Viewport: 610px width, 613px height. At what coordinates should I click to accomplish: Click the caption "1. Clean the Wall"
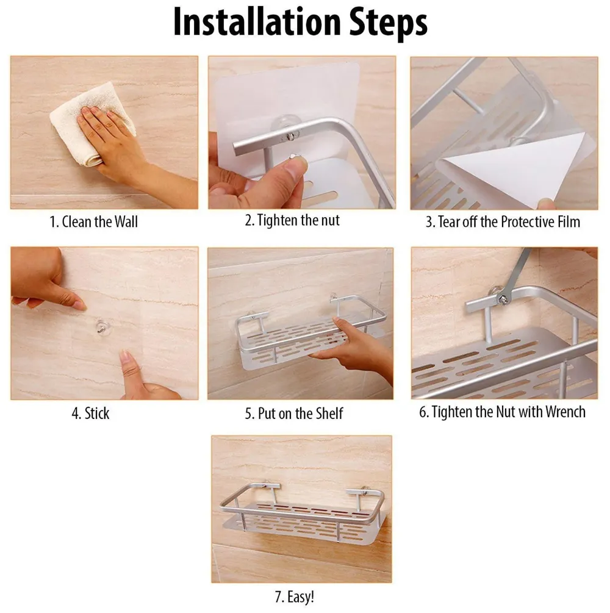(93, 221)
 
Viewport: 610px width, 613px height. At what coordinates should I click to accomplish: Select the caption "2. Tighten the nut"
(292, 220)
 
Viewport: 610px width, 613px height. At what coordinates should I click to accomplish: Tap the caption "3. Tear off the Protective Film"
(503, 221)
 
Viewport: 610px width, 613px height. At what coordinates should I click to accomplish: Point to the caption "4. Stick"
(90, 414)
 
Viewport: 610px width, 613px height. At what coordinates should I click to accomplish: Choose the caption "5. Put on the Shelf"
(293, 414)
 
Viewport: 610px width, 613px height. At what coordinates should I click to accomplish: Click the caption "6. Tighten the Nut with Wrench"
(502, 412)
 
